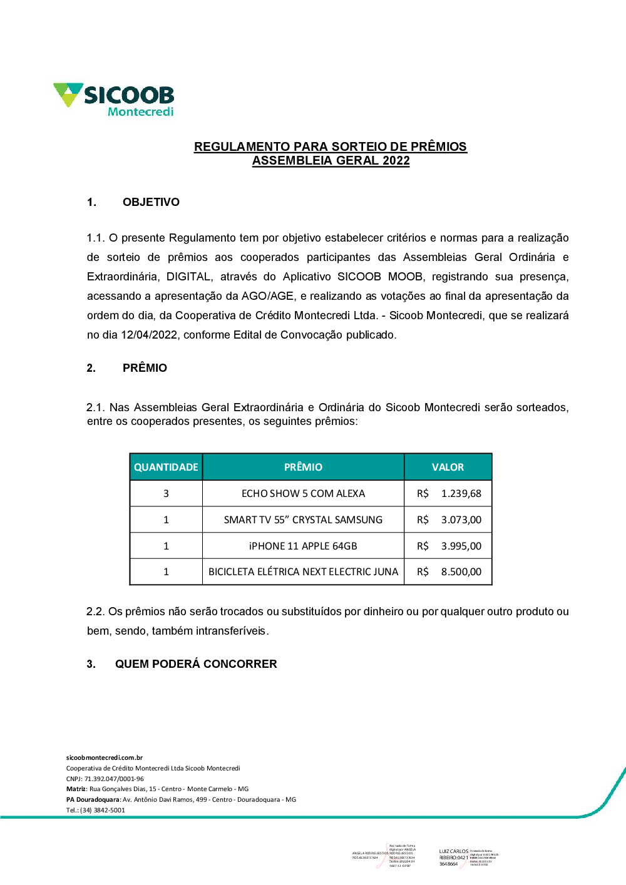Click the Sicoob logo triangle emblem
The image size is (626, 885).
(68, 94)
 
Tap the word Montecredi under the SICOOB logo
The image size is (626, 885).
(140, 112)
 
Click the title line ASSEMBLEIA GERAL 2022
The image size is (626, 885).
(331, 161)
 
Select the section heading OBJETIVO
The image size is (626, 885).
(151, 202)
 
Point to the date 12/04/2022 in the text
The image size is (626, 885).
(149, 335)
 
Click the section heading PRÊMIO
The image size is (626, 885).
(145, 368)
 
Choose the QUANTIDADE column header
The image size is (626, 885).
(166, 467)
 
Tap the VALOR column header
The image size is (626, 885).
(448, 467)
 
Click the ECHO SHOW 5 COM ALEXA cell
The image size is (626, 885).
(303, 493)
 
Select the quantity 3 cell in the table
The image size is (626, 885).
(166, 493)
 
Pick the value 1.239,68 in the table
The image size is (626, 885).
(461, 493)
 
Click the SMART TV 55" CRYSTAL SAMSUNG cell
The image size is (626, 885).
(303, 519)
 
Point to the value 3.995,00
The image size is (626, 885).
(461, 546)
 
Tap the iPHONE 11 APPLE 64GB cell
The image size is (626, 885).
(303, 546)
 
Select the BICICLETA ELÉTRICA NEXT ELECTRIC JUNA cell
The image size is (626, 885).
(303, 571)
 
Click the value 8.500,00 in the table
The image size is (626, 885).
(461, 571)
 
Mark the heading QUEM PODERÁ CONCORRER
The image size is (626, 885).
(195, 664)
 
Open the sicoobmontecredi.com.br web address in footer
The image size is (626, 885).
(105, 757)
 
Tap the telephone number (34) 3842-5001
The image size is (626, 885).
(103, 810)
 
